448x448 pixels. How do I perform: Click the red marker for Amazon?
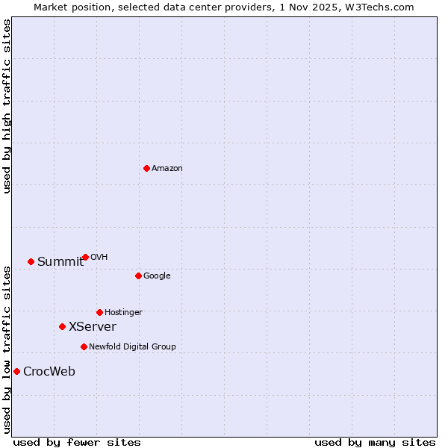(146, 168)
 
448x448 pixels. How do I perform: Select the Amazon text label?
(167, 169)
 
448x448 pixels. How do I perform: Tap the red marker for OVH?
(85, 257)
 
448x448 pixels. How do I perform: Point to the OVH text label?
(99, 258)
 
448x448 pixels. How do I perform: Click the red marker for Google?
(138, 276)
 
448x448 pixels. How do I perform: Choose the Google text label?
(157, 276)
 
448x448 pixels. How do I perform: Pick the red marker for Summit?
(31, 261)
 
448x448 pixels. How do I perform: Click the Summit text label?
(60, 261)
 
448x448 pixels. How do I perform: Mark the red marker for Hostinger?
(99, 312)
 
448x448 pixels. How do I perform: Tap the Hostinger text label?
(123, 313)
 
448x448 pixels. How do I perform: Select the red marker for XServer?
(62, 326)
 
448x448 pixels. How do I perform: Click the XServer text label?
(93, 327)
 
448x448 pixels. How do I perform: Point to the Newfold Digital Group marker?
(84, 346)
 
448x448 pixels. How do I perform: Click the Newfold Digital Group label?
(132, 347)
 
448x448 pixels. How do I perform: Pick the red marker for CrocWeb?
(16, 371)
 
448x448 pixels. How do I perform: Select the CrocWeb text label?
(49, 372)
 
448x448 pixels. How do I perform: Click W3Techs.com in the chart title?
(383, 7)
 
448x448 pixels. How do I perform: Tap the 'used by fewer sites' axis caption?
(77, 442)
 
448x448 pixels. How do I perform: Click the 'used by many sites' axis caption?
(375, 442)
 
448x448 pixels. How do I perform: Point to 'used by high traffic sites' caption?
(7, 106)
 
